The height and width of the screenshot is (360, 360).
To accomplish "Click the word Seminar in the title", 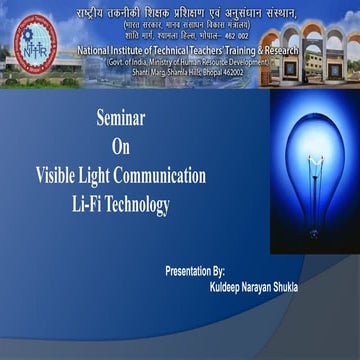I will point(121,116).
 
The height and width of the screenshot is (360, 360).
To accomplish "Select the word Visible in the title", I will point(58,177).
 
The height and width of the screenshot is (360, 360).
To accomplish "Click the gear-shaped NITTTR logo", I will point(28,39).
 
